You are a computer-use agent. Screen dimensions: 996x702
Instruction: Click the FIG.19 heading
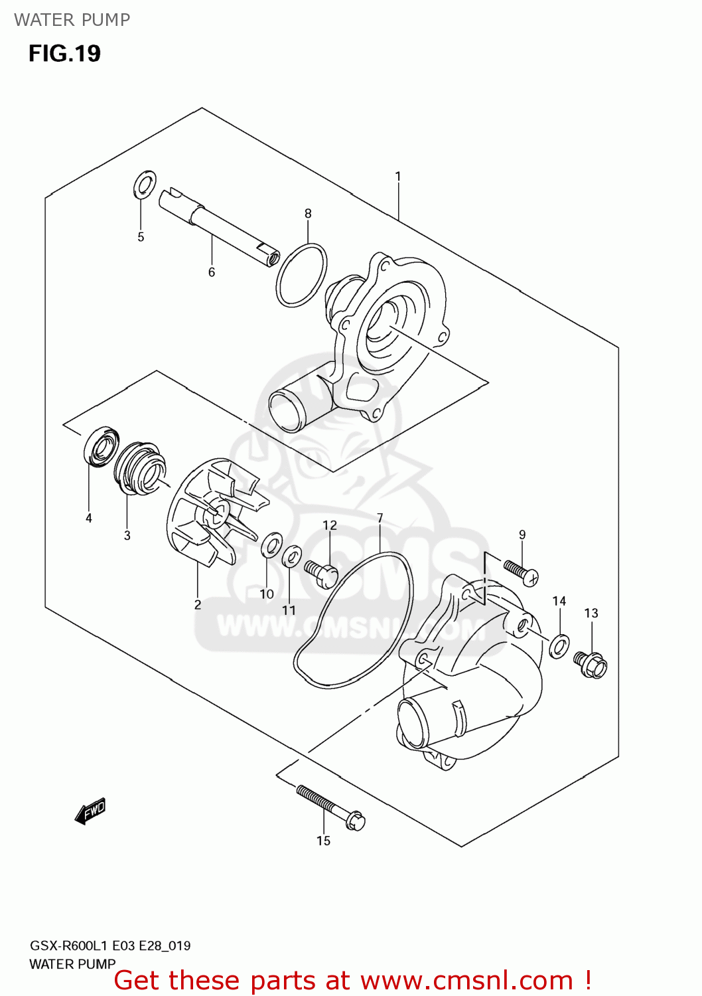[64, 54]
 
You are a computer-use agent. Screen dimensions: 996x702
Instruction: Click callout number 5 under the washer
[141, 237]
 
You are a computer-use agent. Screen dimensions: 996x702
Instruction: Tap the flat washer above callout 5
[145, 185]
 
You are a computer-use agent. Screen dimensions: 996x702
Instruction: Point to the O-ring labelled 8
[301, 275]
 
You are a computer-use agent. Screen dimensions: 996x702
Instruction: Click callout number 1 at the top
[397, 177]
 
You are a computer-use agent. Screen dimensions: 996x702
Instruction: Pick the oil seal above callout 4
[102, 447]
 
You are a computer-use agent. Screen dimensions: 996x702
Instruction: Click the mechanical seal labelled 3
[138, 468]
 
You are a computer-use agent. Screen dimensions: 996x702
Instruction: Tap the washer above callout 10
[270, 545]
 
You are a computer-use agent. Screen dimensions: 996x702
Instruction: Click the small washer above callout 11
[291, 556]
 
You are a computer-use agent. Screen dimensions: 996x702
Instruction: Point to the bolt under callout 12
[321, 573]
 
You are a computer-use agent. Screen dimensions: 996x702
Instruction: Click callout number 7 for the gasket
[380, 518]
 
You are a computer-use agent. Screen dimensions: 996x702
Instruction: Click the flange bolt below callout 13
[591, 664]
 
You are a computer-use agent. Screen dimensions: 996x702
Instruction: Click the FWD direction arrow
[90, 811]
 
